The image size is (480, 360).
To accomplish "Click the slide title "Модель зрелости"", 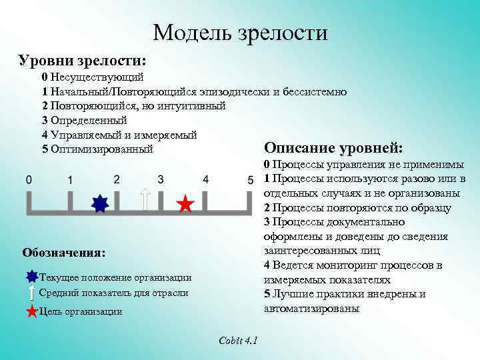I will click(240, 32).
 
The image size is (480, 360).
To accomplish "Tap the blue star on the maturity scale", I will click(99, 204).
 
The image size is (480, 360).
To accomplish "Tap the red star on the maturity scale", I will click(186, 205).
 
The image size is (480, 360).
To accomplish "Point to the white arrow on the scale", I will click(146, 199).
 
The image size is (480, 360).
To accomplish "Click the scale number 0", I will click(29, 179).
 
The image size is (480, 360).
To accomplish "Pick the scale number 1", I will click(70, 180).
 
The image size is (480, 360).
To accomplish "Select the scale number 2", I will click(117, 179).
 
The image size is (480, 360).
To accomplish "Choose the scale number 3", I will click(161, 179).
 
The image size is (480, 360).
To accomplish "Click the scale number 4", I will click(206, 179).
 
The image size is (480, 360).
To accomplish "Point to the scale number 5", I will click(250, 180).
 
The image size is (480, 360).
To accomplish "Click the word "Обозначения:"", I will click(64, 253).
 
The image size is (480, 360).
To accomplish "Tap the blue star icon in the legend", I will click(32, 277).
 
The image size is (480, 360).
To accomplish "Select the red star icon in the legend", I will click(33, 311).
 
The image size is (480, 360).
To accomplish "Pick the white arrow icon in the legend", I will click(32, 293).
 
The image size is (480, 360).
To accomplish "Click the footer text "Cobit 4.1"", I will click(239, 341).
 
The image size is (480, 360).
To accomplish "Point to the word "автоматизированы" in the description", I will click(311, 309).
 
